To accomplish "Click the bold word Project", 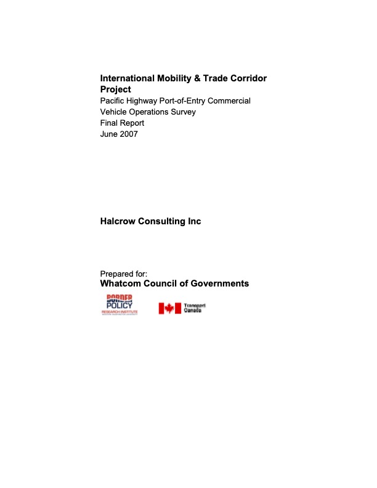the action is pos(116,89).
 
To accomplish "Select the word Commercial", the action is pos(229,100).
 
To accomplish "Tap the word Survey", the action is pos(182,112).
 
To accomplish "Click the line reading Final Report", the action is pos(122,123).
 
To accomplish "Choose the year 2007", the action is pos(129,134).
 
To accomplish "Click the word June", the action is pos(109,134).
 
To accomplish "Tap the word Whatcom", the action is pos(121,284).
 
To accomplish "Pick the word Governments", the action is pos(219,284).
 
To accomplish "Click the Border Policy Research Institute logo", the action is pos(120,306).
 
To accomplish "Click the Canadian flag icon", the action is pos(169,308).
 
